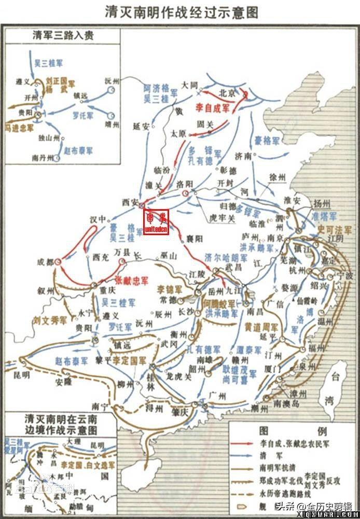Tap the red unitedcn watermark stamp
(x=156, y=222)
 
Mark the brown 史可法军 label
(x=335, y=229)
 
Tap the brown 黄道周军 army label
(x=261, y=327)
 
